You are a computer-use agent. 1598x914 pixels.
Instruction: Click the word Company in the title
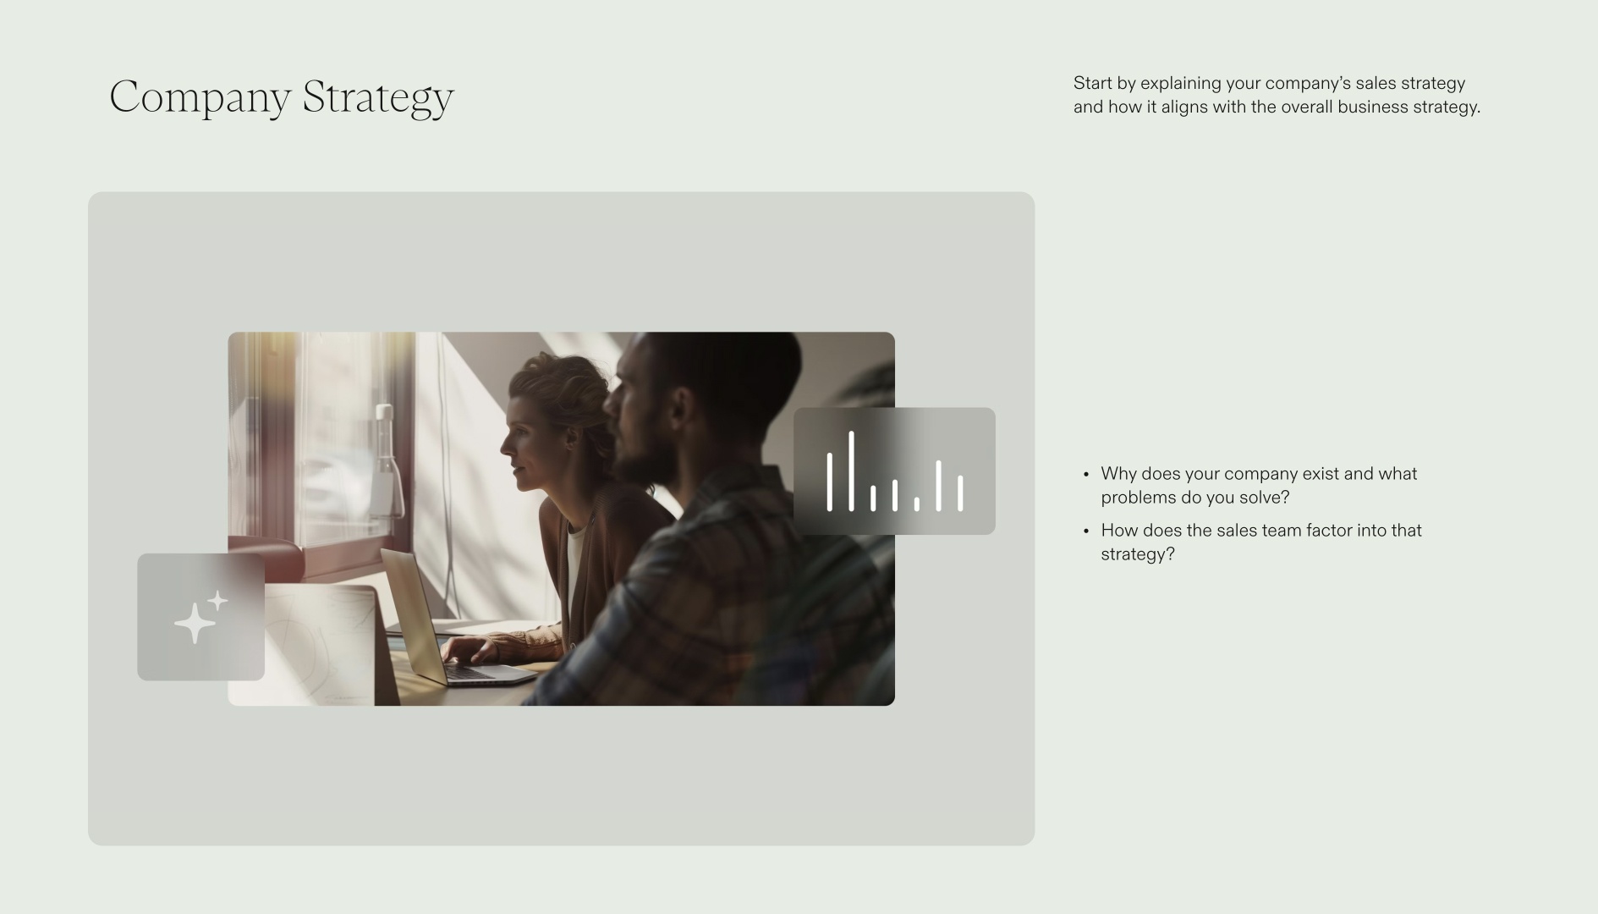[200, 96]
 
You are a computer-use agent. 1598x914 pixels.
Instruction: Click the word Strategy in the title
[378, 96]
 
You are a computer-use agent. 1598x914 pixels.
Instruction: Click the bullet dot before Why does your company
[1086, 475]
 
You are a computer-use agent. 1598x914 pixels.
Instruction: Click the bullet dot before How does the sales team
[1086, 531]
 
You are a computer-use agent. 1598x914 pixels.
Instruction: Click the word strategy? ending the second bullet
[1138, 554]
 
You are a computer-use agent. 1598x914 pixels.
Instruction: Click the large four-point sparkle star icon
[194, 623]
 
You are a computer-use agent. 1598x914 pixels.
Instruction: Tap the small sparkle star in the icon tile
[217, 601]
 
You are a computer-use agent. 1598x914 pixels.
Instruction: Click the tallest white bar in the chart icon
[851, 471]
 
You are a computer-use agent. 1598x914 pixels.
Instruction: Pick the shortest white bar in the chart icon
[916, 504]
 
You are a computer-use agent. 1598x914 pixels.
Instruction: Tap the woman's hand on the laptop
[470, 650]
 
